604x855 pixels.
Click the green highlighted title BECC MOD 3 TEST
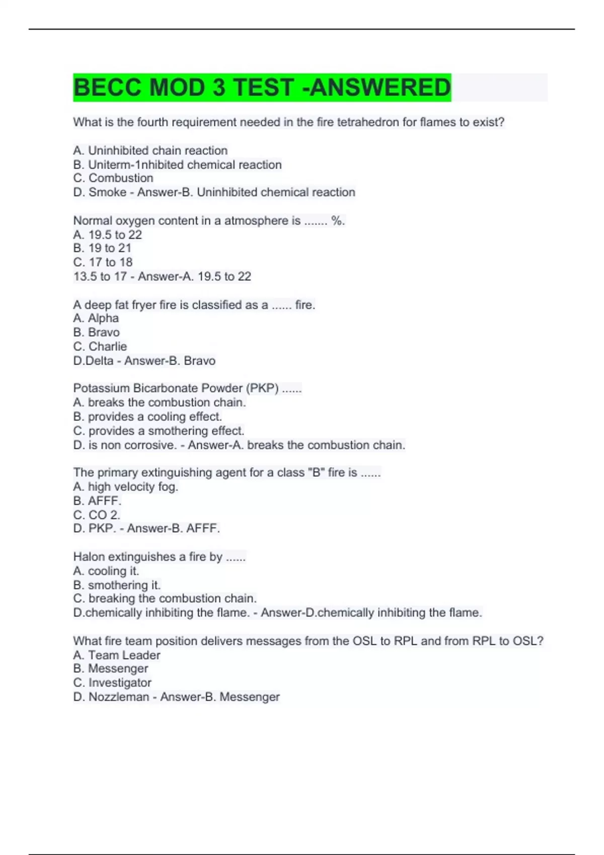[x=262, y=88]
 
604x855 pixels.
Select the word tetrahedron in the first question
[x=367, y=122]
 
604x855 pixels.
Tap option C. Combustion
[x=113, y=178]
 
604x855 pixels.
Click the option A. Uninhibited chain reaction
[x=150, y=150]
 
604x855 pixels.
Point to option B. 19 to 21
[x=102, y=248]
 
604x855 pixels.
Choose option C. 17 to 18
[x=103, y=262]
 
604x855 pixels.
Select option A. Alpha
[x=96, y=318]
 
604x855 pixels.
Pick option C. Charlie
[x=100, y=347]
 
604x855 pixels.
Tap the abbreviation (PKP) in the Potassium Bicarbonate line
[x=262, y=388]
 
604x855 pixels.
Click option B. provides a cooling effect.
[x=147, y=416]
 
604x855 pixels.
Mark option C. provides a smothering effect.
[x=159, y=431]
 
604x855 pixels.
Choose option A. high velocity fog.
[x=126, y=486]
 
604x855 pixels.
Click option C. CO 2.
[x=97, y=515]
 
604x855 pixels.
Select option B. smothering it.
[x=117, y=585]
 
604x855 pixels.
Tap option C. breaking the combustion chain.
[x=165, y=598]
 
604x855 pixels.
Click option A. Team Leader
[x=117, y=655]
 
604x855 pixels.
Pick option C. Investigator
[x=112, y=682]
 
